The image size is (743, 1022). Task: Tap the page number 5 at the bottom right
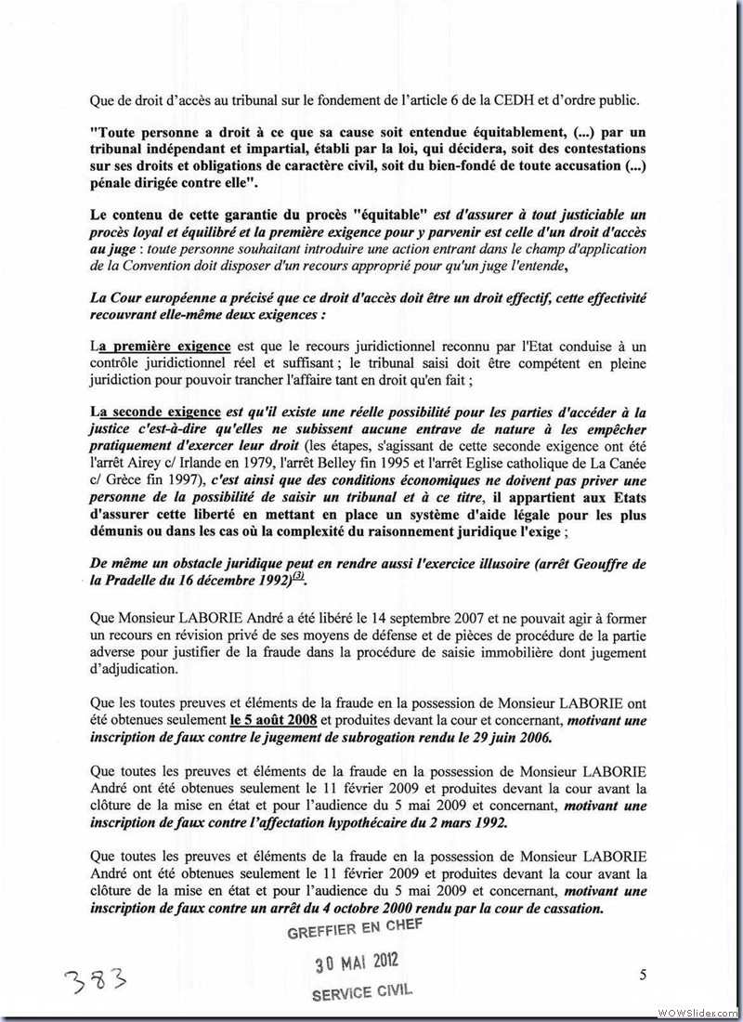click(x=643, y=974)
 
